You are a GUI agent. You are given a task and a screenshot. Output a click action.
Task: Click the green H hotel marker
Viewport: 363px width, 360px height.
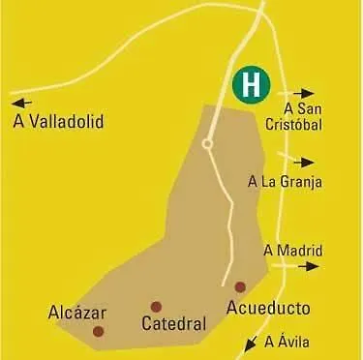251,84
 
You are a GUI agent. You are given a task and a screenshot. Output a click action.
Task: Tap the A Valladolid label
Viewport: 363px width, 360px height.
58,122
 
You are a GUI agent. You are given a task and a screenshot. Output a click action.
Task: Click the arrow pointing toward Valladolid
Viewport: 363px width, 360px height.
21,101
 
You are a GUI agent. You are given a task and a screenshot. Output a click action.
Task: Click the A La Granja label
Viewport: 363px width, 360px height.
285,181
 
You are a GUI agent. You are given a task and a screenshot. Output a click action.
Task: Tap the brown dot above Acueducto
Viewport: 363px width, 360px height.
240,286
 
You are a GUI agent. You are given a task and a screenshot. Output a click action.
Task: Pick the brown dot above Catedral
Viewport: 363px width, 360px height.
156,307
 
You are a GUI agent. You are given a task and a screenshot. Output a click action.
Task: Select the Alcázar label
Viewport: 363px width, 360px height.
76,313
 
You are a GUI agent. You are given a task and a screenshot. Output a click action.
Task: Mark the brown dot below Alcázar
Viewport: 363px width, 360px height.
98,331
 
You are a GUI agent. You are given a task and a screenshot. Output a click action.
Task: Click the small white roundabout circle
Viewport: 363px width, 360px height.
207,144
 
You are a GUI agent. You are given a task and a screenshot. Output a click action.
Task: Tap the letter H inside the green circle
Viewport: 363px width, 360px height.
251,84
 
